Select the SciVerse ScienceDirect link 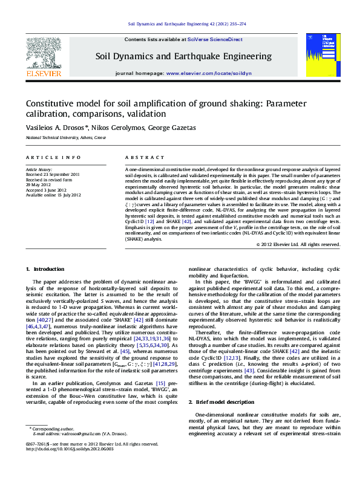tap(215, 39)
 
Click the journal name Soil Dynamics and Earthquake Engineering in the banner tap(183, 56)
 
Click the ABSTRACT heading tap(140, 157)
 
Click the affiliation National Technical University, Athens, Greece tap(65, 138)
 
